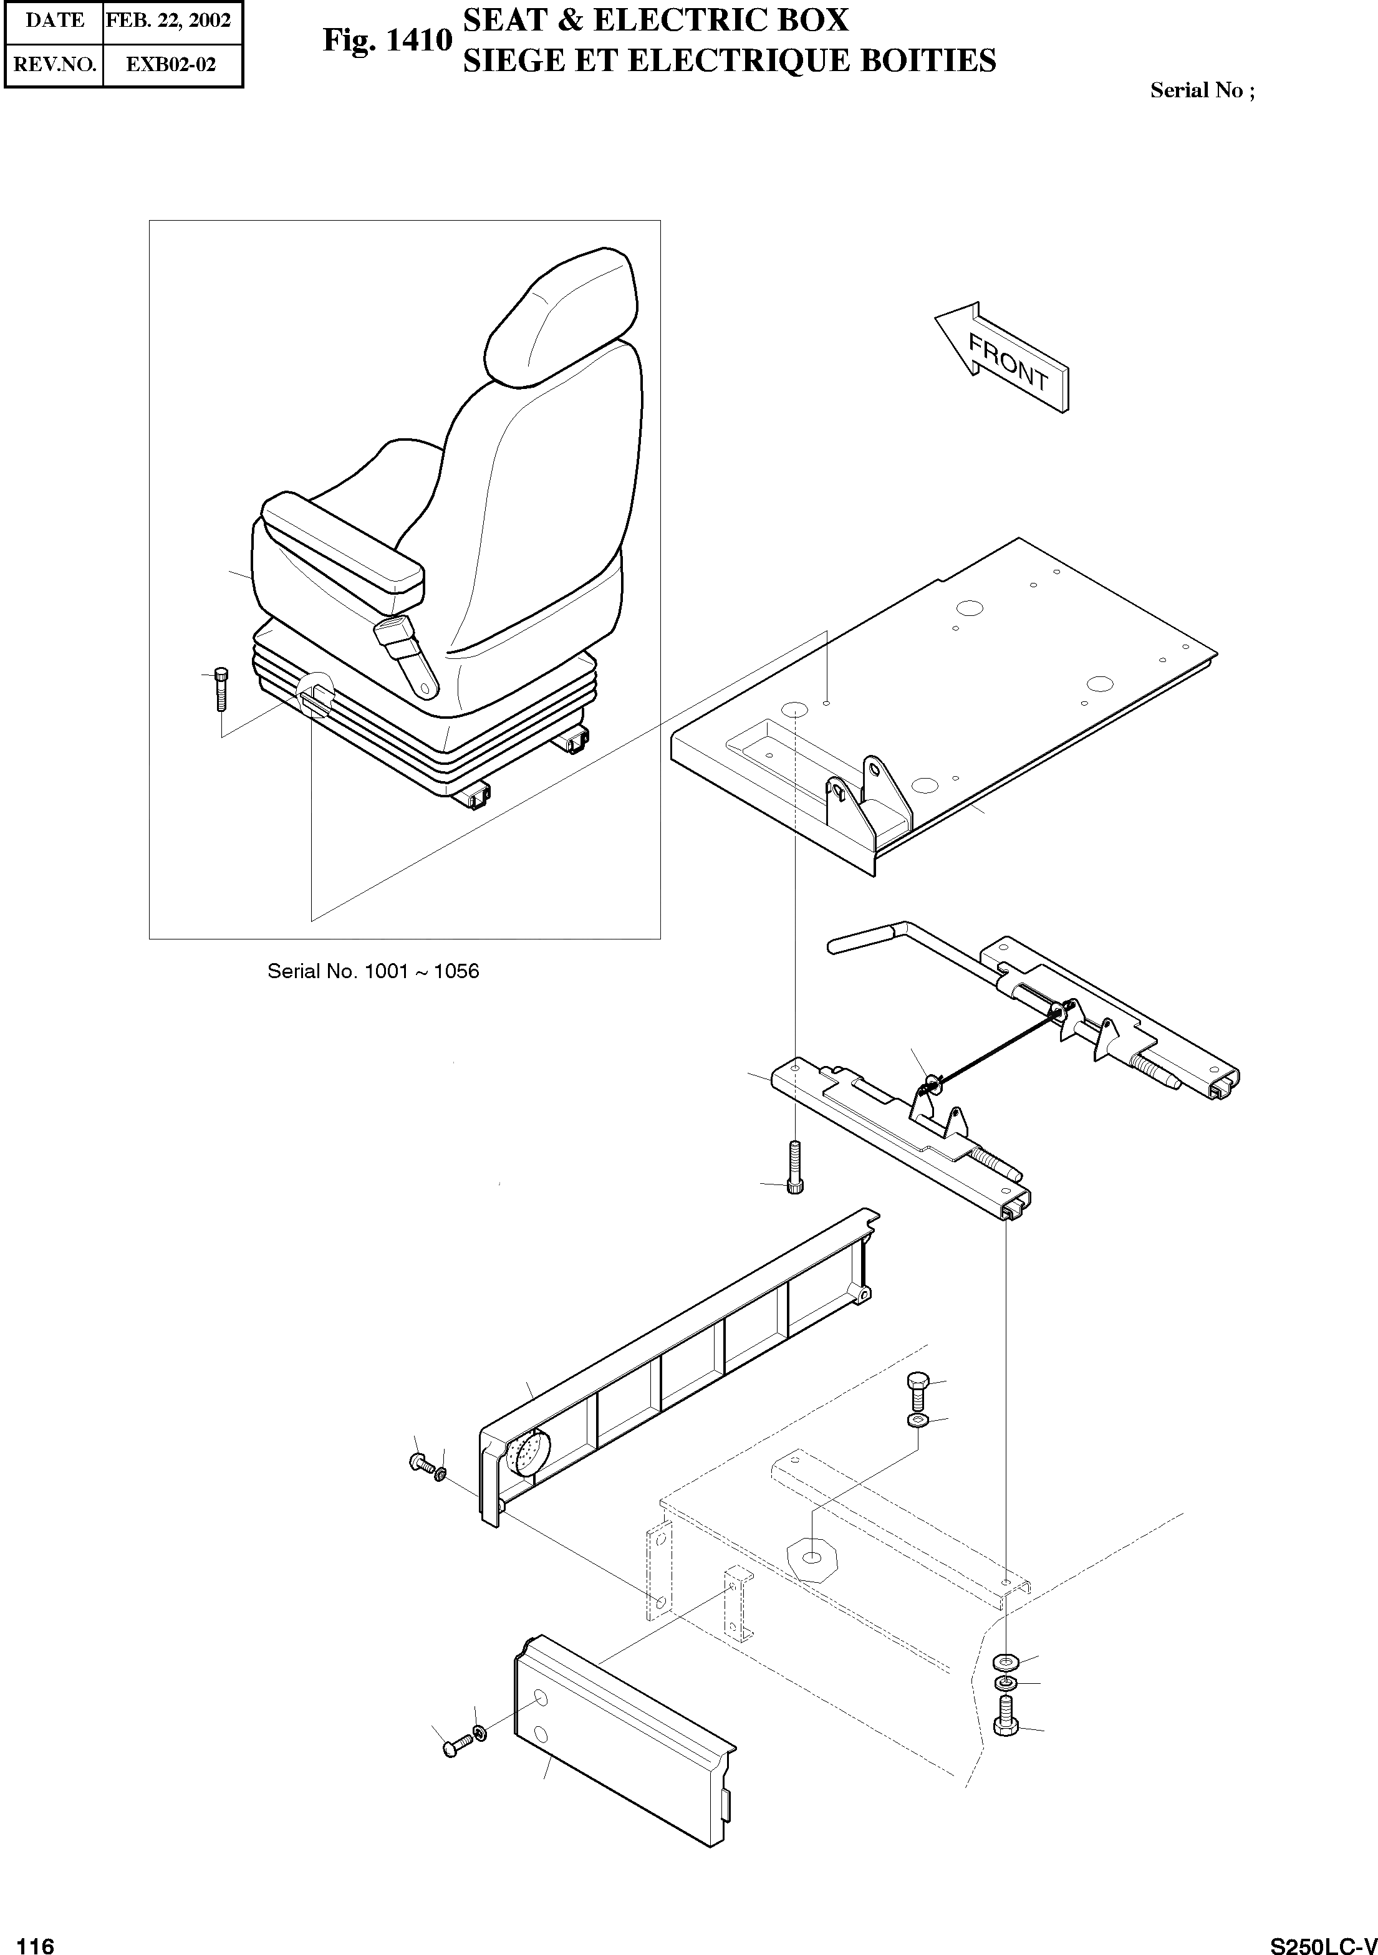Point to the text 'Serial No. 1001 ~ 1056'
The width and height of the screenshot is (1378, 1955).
[x=373, y=971]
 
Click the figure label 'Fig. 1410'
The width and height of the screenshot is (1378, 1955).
[x=387, y=40]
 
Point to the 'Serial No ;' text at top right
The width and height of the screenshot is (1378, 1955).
[x=1202, y=90]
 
